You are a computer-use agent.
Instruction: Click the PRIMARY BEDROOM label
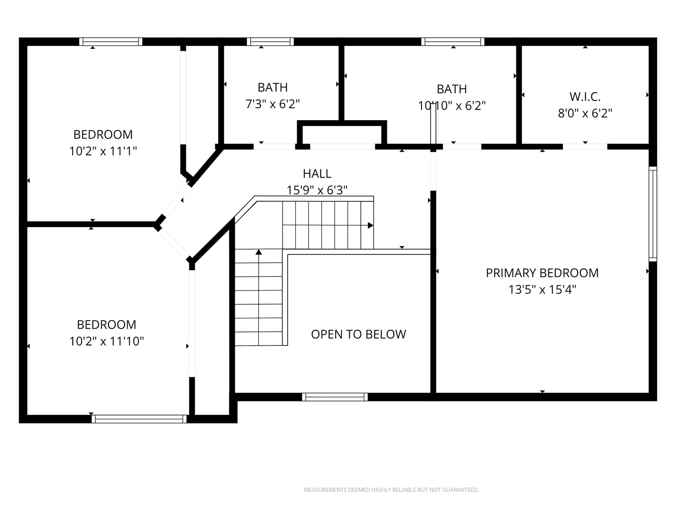[542, 273]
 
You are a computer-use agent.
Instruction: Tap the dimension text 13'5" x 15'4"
[542, 290]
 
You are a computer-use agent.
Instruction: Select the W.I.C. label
[585, 97]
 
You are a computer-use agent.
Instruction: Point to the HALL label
[317, 174]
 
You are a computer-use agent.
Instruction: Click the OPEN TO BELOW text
[359, 334]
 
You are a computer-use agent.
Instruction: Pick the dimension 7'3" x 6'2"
[273, 104]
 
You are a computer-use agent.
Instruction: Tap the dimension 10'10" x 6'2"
[452, 106]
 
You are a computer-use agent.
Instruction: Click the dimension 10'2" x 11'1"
[103, 151]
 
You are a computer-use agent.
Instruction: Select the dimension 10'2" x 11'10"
[107, 341]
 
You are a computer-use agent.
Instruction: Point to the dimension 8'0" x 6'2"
[585, 113]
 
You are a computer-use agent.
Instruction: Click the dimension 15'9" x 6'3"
[317, 190]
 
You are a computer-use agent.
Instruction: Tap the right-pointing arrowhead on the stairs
[370, 225]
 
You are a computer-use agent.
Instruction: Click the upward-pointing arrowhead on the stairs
[259, 252]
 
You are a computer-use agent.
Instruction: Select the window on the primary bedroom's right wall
[653, 214]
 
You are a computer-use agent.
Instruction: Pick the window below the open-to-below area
[335, 397]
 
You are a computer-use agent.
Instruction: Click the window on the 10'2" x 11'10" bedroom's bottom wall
[139, 419]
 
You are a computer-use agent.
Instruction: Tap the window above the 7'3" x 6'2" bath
[270, 42]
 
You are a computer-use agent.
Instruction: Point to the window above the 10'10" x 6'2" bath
[453, 42]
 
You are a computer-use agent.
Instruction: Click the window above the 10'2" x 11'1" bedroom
[111, 42]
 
